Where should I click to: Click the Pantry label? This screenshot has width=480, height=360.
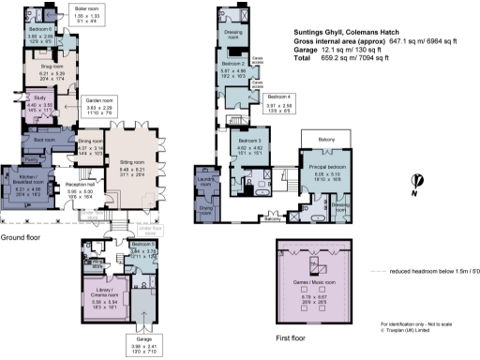tap(30, 160)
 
